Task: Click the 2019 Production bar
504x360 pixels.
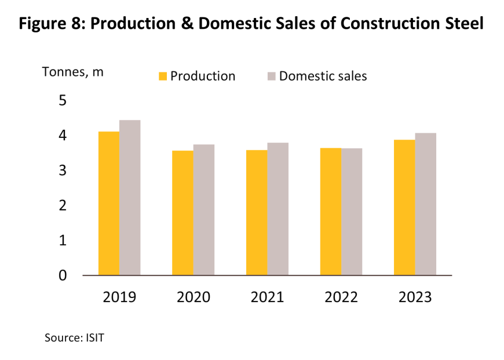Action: click(x=109, y=203)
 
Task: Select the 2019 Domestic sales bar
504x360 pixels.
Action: click(x=130, y=198)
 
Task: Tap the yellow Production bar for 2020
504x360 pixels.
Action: click(x=182, y=213)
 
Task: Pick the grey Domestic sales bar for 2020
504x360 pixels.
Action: click(x=204, y=210)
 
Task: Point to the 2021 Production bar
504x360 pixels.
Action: click(x=257, y=213)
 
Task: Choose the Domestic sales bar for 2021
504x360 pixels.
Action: click(x=278, y=209)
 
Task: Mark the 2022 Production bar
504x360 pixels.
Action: click(x=331, y=212)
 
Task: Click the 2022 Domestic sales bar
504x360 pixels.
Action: click(x=352, y=212)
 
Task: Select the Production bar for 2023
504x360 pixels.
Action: click(x=404, y=208)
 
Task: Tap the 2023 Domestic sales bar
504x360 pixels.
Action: click(x=426, y=204)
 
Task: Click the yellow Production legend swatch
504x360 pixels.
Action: click(x=163, y=77)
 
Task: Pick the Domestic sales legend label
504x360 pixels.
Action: click(x=323, y=76)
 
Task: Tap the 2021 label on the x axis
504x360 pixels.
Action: click(x=267, y=297)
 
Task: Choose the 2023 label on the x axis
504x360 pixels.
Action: click(x=415, y=297)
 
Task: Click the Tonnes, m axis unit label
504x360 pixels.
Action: click(x=72, y=72)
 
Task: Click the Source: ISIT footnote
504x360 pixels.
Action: click(x=74, y=337)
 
